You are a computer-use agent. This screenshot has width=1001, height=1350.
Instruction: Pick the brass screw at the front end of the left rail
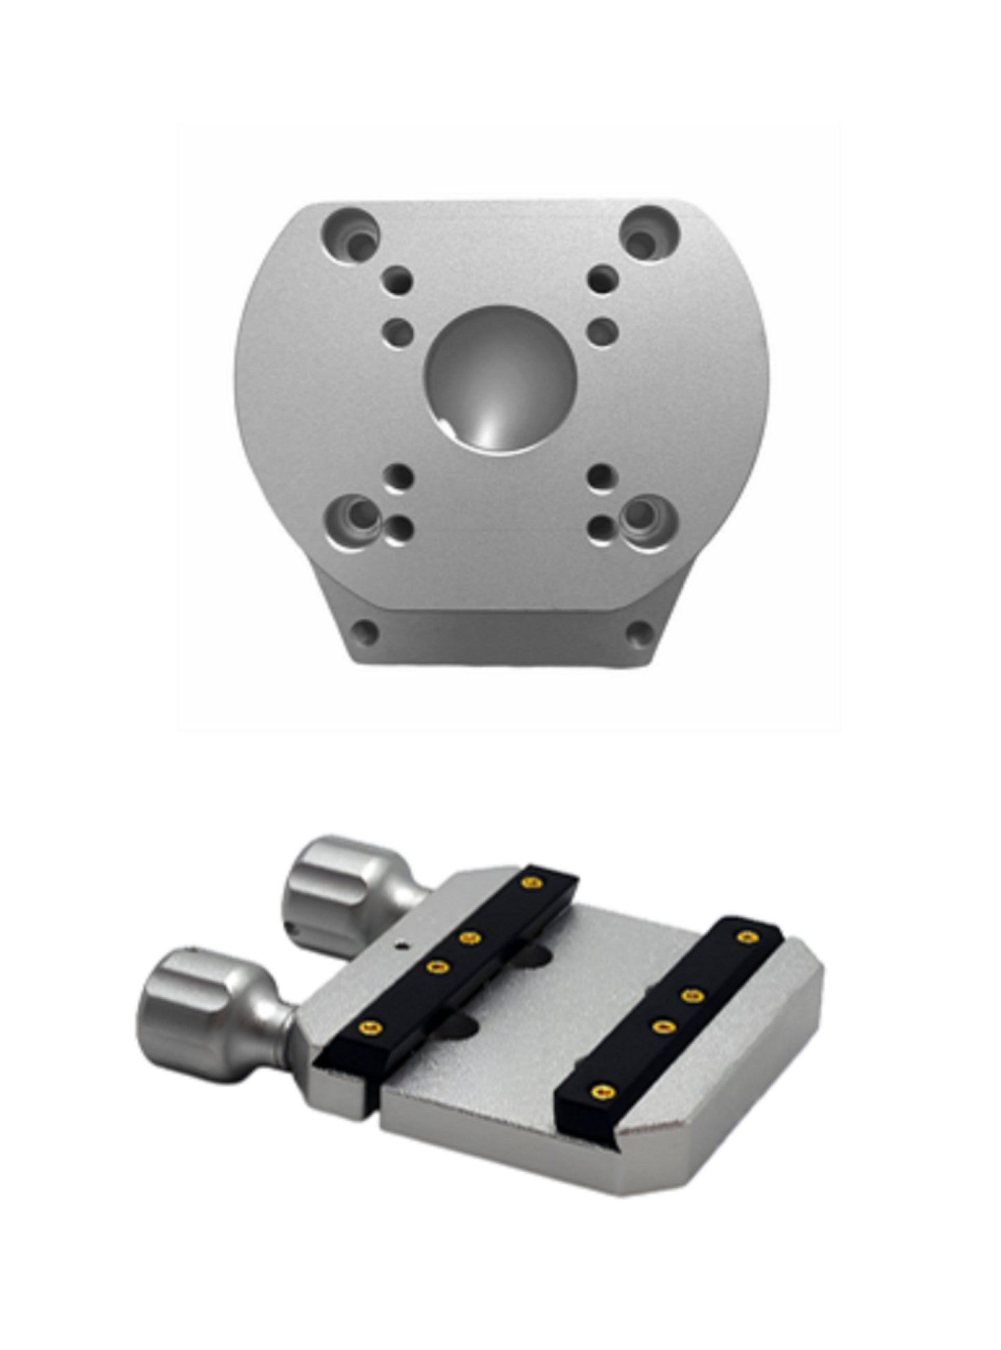pyautogui.click(x=371, y=1027)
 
